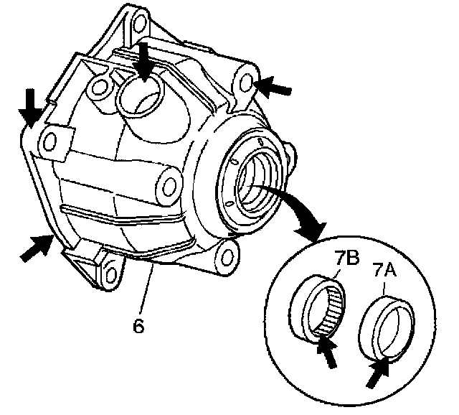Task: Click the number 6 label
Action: coord(140,325)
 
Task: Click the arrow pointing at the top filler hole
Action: coord(144,60)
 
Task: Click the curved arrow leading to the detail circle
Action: coord(294,209)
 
